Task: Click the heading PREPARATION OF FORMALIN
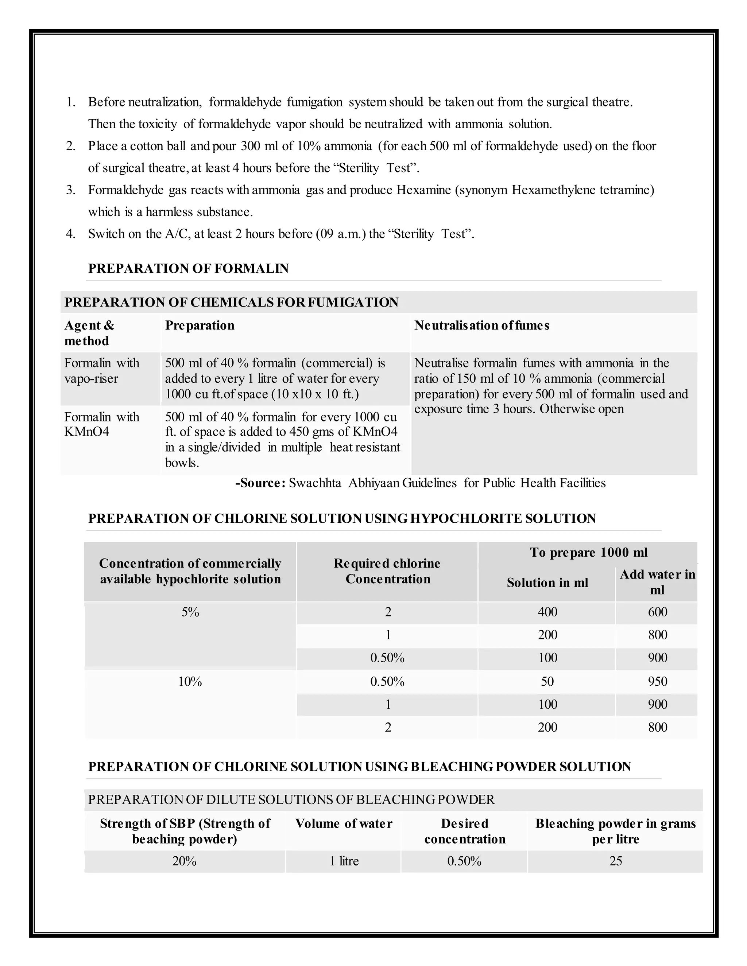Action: [x=188, y=269]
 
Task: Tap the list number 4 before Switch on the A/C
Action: [x=70, y=234]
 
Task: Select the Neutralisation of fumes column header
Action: [x=481, y=326]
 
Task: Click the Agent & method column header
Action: [x=89, y=333]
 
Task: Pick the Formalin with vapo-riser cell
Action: [x=101, y=371]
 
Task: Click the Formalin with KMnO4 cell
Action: [x=101, y=424]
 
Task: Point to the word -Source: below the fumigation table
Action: [x=260, y=483]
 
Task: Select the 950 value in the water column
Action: [x=657, y=682]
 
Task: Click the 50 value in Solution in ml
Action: [x=547, y=682]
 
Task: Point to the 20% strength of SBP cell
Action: [x=184, y=861]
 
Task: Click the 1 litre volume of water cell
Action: [x=344, y=861]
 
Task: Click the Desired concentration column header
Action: [x=465, y=831]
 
